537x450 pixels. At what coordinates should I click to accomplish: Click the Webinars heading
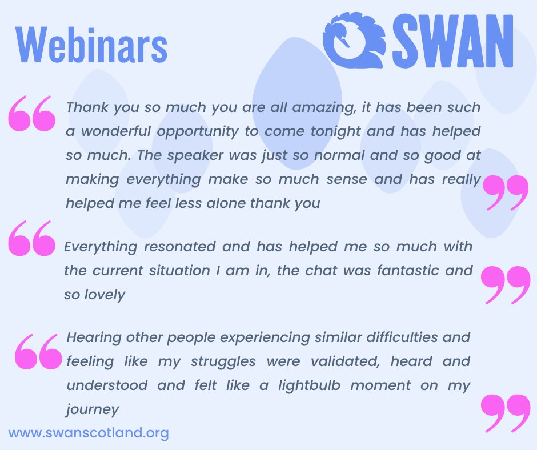(x=92, y=45)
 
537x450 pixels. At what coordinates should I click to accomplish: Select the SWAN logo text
(x=452, y=42)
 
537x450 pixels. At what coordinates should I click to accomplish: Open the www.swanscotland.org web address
(x=89, y=433)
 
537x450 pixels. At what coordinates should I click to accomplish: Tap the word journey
(x=93, y=409)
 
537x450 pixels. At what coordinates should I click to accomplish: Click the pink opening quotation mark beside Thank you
(x=32, y=113)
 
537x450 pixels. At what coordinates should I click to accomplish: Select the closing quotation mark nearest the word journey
(x=505, y=412)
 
